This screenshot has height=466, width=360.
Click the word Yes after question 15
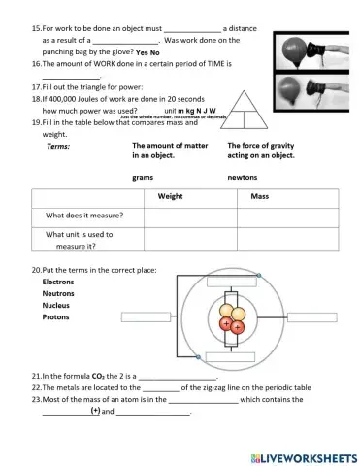(x=142, y=52)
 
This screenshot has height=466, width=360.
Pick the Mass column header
(x=258, y=196)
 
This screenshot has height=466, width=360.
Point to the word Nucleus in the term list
(x=57, y=305)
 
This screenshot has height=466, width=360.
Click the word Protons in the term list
(x=56, y=316)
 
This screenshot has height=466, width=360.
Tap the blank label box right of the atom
(x=310, y=316)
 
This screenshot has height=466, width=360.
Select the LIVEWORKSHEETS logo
(x=303, y=455)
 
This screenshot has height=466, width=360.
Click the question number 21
(x=37, y=374)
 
